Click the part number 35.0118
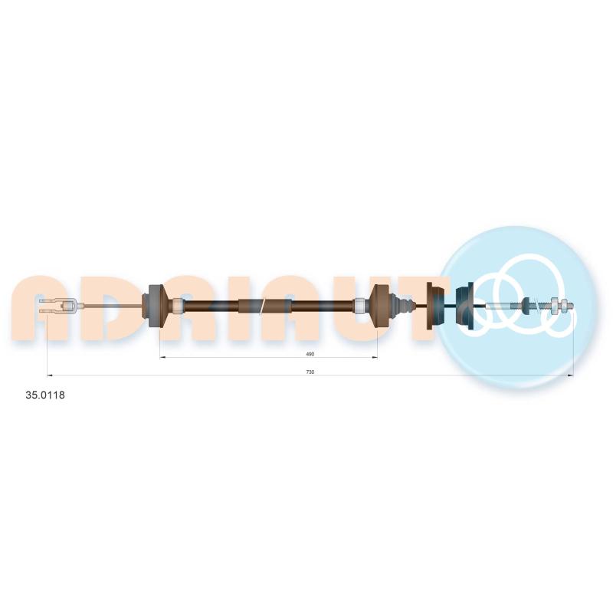(45, 395)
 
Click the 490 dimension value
(310, 354)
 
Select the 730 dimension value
(310, 372)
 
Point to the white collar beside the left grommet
(178, 305)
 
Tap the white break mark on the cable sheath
(264, 306)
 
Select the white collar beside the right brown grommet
(359, 305)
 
